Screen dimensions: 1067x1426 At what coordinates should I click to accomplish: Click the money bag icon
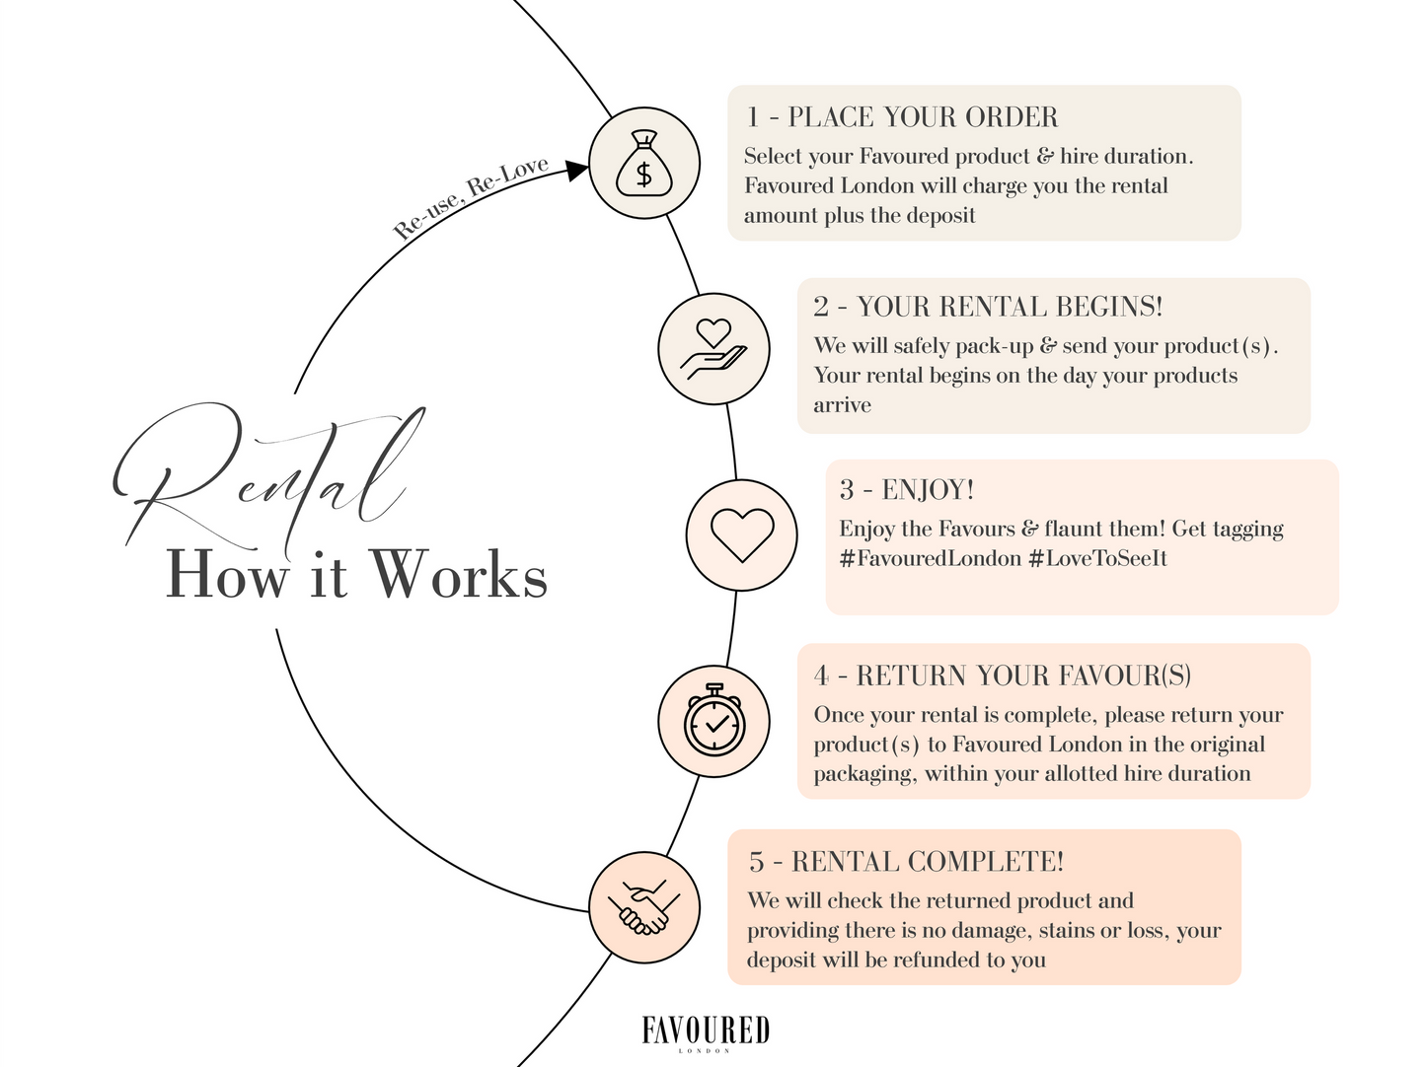tap(643, 163)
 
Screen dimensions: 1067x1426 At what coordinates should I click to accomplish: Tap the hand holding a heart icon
tap(713, 349)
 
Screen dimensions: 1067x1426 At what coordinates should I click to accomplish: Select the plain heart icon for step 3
tap(741, 534)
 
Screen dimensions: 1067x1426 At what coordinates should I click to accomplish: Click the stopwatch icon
tap(713, 721)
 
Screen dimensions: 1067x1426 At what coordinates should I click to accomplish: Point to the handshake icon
tap(643, 907)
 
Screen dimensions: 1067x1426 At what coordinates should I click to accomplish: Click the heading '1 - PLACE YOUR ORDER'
tap(902, 117)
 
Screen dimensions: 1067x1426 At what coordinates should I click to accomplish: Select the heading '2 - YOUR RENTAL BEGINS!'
tap(988, 307)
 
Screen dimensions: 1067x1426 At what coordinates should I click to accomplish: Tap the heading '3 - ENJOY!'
tap(907, 490)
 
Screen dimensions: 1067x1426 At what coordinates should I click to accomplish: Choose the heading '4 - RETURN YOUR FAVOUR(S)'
tap(1003, 676)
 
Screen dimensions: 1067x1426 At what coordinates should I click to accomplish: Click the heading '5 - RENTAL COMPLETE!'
tap(906, 862)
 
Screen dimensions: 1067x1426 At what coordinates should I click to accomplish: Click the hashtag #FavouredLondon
tap(930, 559)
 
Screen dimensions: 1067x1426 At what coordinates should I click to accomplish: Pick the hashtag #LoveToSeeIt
tap(1097, 559)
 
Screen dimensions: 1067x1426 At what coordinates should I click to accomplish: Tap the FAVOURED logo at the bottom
tap(706, 1031)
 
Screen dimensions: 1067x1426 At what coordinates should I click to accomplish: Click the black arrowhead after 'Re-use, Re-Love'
tap(576, 170)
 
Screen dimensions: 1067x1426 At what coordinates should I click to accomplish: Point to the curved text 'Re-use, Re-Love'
tap(471, 197)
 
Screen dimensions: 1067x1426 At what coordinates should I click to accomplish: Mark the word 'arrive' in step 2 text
tap(842, 405)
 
